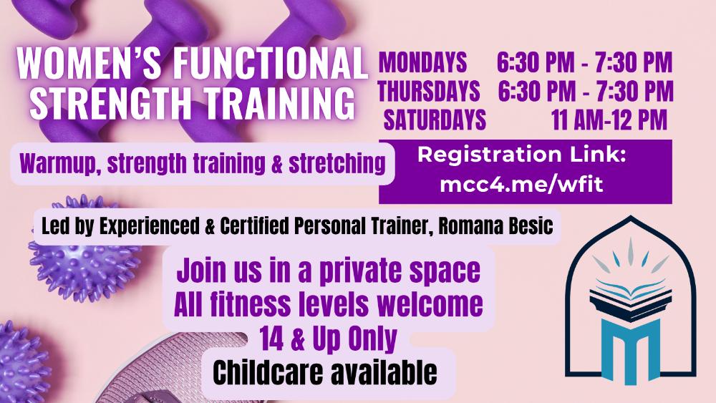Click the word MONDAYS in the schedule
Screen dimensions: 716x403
coord(423,62)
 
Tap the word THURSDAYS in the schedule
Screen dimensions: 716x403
coord(428,91)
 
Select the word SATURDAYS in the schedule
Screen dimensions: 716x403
coord(435,120)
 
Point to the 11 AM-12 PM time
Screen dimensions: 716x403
coord(609,120)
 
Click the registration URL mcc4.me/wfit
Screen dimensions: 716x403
coord(521,185)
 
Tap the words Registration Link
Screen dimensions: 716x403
coord(521,155)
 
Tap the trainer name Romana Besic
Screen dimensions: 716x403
coord(496,226)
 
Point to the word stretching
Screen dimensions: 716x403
coord(337,164)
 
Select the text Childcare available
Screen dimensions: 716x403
coord(324,373)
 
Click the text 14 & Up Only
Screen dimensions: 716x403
coord(329,339)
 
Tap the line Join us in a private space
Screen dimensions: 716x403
coord(329,271)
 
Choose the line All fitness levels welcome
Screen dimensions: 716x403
coord(329,304)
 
